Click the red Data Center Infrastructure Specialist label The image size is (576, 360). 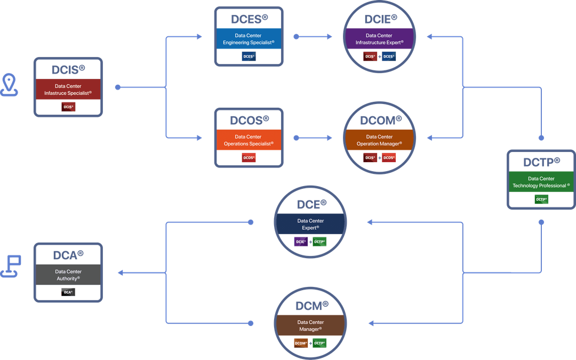tap(68, 89)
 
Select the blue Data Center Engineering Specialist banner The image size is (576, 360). tap(249, 39)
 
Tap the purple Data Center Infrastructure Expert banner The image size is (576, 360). tap(379, 39)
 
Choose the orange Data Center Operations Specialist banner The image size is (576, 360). tap(249, 140)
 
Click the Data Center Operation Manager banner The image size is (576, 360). tap(379, 140)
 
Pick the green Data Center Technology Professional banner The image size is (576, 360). tap(541, 182)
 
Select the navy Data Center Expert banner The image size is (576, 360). tap(310, 224)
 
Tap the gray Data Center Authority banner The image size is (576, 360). tap(68, 275)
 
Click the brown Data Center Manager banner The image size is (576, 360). tap(310, 325)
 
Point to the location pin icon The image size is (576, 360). tap(9, 85)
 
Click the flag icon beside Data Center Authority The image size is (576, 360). tap(11, 267)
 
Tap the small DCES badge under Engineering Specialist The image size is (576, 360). tap(249, 56)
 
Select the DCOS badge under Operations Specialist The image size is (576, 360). tap(249, 157)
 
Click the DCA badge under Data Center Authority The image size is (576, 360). tap(68, 292)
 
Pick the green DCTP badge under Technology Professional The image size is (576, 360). tap(541, 199)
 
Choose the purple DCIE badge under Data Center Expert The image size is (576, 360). tap(301, 242)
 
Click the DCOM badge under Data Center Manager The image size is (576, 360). tap(301, 343)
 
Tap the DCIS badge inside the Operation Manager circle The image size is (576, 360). tap(370, 157)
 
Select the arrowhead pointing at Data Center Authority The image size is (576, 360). tap(121, 273)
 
